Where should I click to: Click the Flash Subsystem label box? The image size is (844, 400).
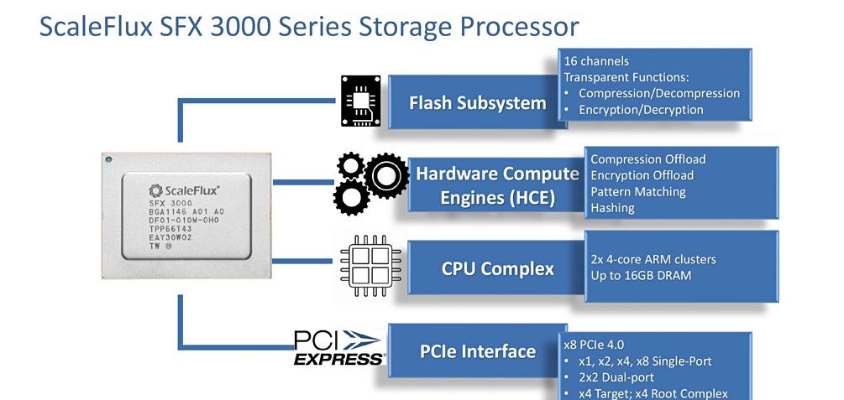pyautogui.click(x=477, y=103)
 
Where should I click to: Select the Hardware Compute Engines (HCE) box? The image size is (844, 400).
pyautogui.click(x=497, y=185)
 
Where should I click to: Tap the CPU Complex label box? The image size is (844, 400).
pyautogui.click(x=497, y=268)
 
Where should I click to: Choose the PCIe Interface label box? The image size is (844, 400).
pyautogui.click(x=477, y=351)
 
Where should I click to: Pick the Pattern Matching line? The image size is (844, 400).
pyautogui.click(x=637, y=192)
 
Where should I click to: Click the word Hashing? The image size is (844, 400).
pyautogui.click(x=612, y=208)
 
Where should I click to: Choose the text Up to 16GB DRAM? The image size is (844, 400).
pyautogui.click(x=641, y=275)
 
